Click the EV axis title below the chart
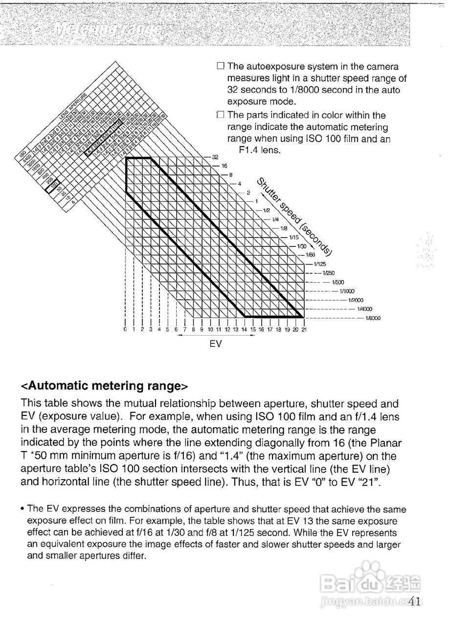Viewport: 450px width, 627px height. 216,344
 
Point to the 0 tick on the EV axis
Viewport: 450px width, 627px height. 126,330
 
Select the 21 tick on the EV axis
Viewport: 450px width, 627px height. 304,330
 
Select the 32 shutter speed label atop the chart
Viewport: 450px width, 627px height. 215,157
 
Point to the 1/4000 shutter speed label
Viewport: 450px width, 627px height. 364,309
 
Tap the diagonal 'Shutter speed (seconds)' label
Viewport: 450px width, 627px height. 295,216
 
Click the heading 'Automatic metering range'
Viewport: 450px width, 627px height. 104,386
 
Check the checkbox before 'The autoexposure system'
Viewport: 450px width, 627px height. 220,66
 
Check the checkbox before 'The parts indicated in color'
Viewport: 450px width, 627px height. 220,115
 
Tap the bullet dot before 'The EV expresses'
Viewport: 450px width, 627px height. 23,510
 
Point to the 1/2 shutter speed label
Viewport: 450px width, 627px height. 266,210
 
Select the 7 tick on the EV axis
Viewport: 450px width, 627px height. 185,330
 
